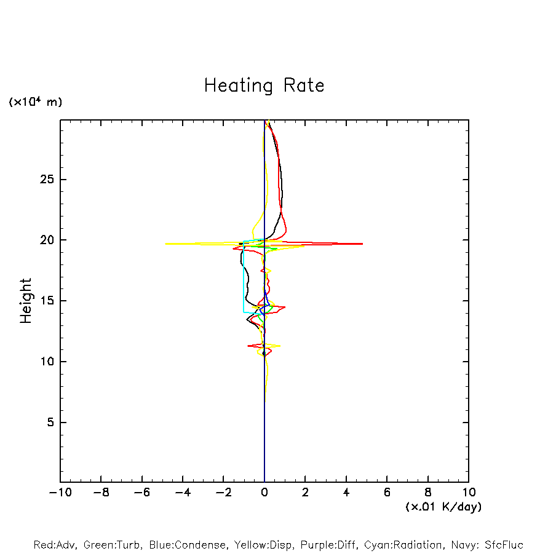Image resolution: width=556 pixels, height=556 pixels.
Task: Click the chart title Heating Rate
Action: [x=264, y=85]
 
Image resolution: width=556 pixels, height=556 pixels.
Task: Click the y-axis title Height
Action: [x=26, y=301]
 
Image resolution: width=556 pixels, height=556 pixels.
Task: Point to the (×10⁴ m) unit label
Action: [x=35, y=102]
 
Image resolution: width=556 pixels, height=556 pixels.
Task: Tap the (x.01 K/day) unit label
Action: [x=443, y=507]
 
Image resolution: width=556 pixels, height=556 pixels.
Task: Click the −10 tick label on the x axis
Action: [x=60, y=493]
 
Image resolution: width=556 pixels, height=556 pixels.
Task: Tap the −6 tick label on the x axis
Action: [x=142, y=493]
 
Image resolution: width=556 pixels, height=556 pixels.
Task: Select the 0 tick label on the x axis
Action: [x=264, y=493]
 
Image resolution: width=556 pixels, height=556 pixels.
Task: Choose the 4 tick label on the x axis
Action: [x=346, y=493]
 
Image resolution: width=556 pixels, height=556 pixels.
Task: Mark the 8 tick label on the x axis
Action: [x=428, y=493]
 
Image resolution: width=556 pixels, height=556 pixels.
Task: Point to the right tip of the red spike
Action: [x=362, y=244]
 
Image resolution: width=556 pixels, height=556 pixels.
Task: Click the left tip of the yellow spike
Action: [x=165, y=244]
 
